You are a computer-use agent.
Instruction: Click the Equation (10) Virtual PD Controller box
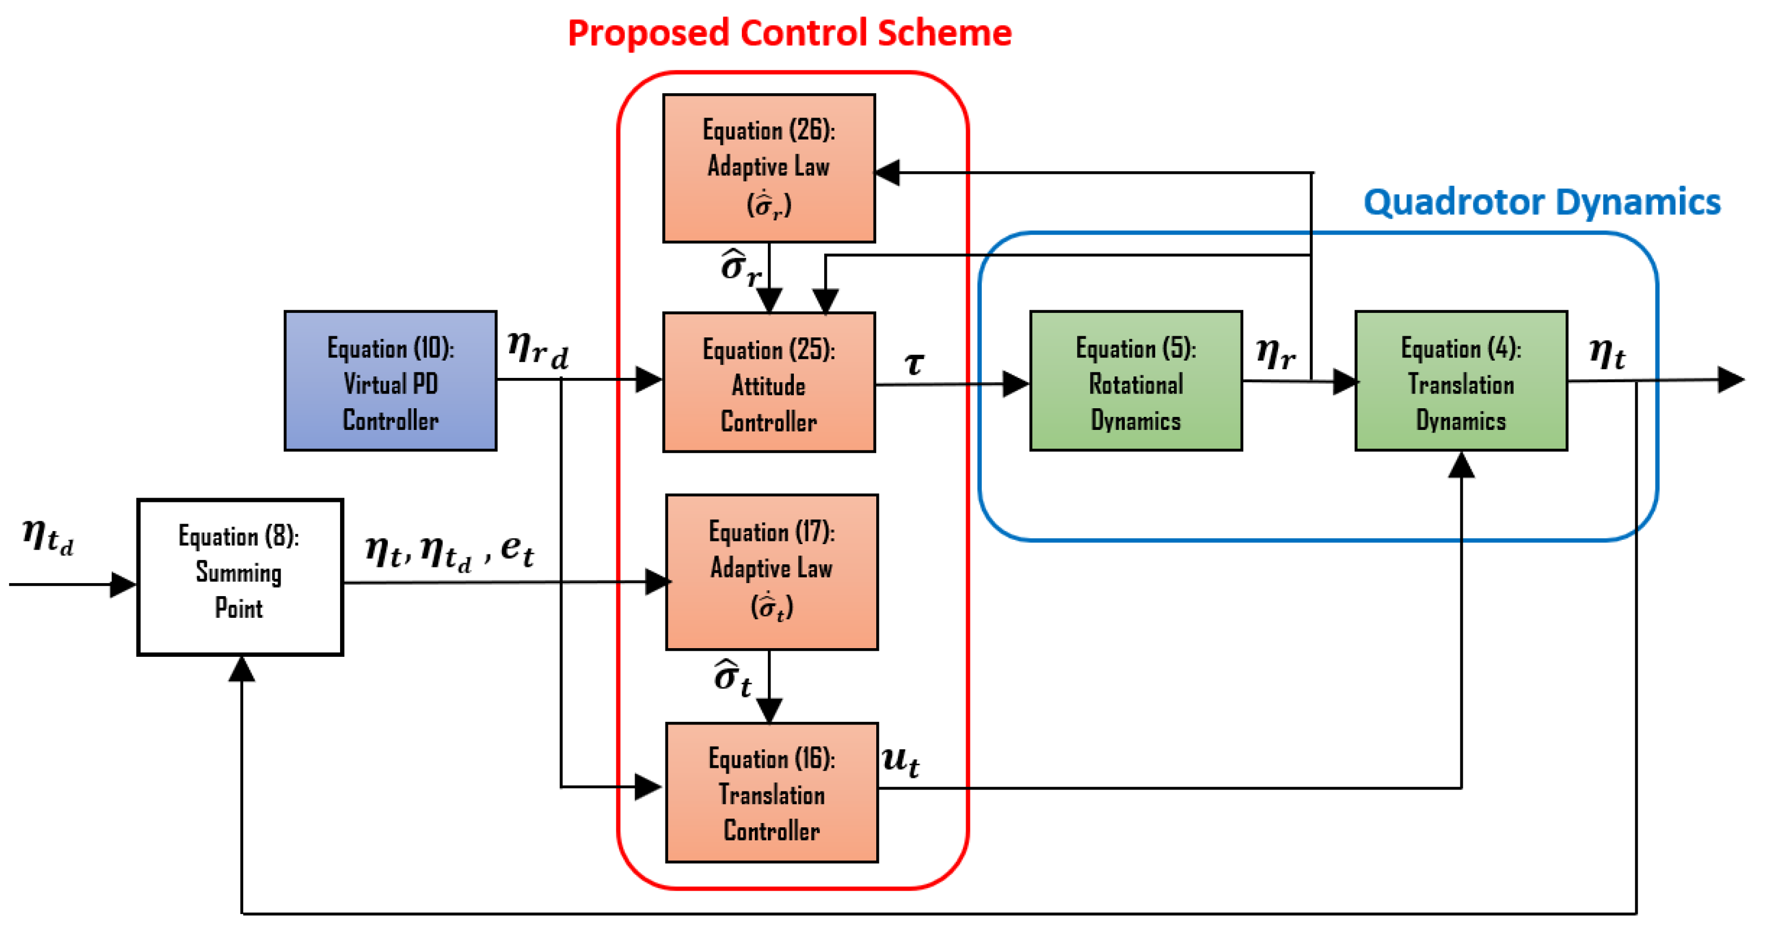pyautogui.click(x=390, y=381)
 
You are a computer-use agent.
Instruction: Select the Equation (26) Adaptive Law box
pyautogui.click(x=768, y=168)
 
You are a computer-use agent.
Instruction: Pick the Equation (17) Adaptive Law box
pyautogui.click(x=772, y=571)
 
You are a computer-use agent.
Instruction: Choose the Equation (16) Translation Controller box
pyautogui.click(x=772, y=792)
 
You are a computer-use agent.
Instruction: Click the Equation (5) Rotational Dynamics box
pyautogui.click(x=1136, y=381)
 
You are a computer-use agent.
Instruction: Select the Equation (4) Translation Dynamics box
pyautogui.click(x=1461, y=381)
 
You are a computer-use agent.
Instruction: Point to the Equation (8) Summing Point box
pyautogui.click(x=240, y=577)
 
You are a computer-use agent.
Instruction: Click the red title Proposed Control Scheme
pyautogui.click(x=790, y=32)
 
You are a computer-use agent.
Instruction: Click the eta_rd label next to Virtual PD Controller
pyautogui.click(x=538, y=350)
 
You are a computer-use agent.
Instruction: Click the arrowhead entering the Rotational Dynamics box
pyautogui.click(x=1016, y=383)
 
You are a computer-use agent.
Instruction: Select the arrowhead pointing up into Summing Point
pyautogui.click(x=242, y=669)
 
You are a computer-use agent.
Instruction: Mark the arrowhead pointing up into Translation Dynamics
pyautogui.click(x=1461, y=465)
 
